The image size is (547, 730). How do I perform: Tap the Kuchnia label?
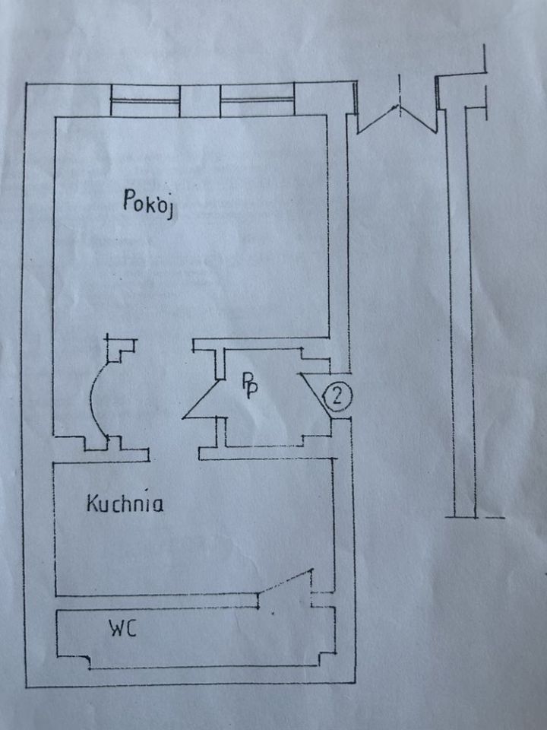pos(125,503)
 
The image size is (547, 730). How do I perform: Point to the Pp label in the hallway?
pos(249,384)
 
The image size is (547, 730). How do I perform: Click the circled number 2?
pos(337,395)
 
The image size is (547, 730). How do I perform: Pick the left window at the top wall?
pos(145,100)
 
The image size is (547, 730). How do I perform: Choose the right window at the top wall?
pos(257,100)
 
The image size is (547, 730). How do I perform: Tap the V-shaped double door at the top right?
pos(397,118)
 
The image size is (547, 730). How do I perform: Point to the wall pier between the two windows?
pos(201,100)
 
